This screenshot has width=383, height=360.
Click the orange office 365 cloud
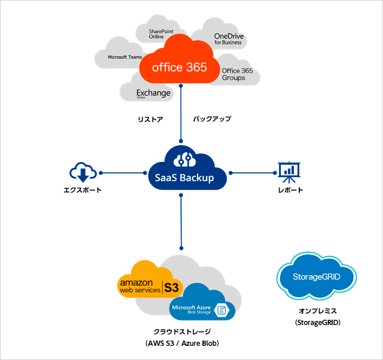tap(179, 67)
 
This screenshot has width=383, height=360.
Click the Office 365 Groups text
tap(237, 74)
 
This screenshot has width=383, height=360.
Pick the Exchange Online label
tap(153, 94)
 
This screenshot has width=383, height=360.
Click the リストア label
tap(150, 119)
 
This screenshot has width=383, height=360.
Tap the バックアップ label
tap(212, 119)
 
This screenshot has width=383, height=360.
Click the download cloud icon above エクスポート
tap(83, 172)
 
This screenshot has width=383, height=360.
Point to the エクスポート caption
tap(83, 190)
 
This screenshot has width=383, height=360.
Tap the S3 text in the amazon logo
tap(172, 287)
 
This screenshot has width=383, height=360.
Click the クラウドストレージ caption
tap(182, 332)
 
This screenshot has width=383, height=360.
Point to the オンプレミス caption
tap(317, 312)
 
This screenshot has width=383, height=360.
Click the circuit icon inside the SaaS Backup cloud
tap(181, 159)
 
